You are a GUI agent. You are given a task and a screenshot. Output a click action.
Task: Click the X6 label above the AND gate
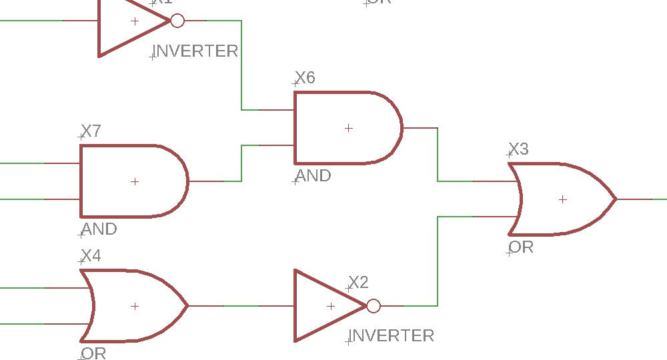point(305,78)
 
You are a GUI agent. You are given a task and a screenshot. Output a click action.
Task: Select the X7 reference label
point(91,131)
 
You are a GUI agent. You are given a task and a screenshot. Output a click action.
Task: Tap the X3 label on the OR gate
point(518,149)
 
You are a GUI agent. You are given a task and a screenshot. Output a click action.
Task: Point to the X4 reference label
point(91,256)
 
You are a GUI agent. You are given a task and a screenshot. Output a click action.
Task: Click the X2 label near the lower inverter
point(358,283)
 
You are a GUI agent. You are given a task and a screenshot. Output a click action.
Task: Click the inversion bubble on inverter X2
point(374,306)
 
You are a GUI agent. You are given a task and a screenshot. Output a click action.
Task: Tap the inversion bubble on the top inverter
point(177,21)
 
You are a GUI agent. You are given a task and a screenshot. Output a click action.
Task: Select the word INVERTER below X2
point(392,335)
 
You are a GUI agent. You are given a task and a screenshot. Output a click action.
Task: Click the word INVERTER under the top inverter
point(196,51)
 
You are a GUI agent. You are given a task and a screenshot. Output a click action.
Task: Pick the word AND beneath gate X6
point(313,176)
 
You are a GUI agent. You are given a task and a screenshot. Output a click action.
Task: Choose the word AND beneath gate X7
point(99,229)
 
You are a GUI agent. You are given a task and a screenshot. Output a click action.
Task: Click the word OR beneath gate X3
point(521,247)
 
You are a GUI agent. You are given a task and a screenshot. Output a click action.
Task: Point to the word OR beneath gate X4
point(93,353)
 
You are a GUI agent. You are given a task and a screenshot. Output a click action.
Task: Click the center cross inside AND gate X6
point(348,128)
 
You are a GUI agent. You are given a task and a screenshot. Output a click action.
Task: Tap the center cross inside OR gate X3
point(563,199)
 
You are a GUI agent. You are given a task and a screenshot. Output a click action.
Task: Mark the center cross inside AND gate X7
point(135,181)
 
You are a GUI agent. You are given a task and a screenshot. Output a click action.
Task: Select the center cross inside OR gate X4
point(135,306)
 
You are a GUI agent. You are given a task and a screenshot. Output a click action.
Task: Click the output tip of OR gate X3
point(615,199)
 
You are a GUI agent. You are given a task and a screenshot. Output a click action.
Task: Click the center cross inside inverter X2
point(331,306)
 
